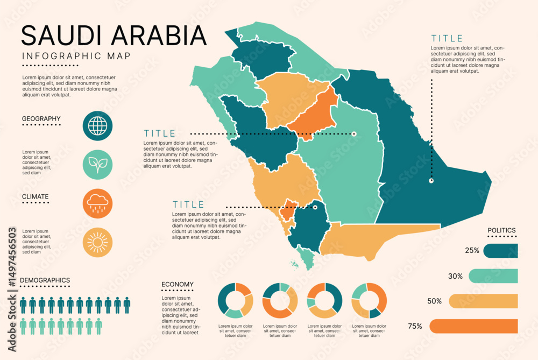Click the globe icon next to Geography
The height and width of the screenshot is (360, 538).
click(x=97, y=126)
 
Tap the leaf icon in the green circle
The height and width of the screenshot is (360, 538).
click(x=97, y=165)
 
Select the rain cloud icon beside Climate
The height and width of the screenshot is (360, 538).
click(x=97, y=203)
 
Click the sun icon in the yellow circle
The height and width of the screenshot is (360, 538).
click(x=97, y=242)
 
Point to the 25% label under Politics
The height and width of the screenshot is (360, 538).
click(x=472, y=251)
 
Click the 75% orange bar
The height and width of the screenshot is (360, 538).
click(x=473, y=326)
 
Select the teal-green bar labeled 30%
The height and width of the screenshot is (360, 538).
click(x=493, y=276)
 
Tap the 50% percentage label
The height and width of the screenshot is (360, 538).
click(x=434, y=301)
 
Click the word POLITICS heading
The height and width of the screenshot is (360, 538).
click(x=501, y=230)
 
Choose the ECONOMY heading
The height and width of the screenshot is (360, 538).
click(x=177, y=285)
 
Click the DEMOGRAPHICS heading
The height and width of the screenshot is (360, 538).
click(x=45, y=280)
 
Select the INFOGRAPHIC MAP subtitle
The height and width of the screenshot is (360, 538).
click(x=76, y=56)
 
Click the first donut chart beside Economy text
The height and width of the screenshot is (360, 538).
click(x=235, y=300)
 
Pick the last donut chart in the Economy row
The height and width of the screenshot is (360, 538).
click(x=369, y=300)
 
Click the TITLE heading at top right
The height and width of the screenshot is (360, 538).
click(x=447, y=38)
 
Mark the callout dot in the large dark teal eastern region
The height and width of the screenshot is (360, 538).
click(x=431, y=181)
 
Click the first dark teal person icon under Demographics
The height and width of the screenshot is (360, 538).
click(x=23, y=305)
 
